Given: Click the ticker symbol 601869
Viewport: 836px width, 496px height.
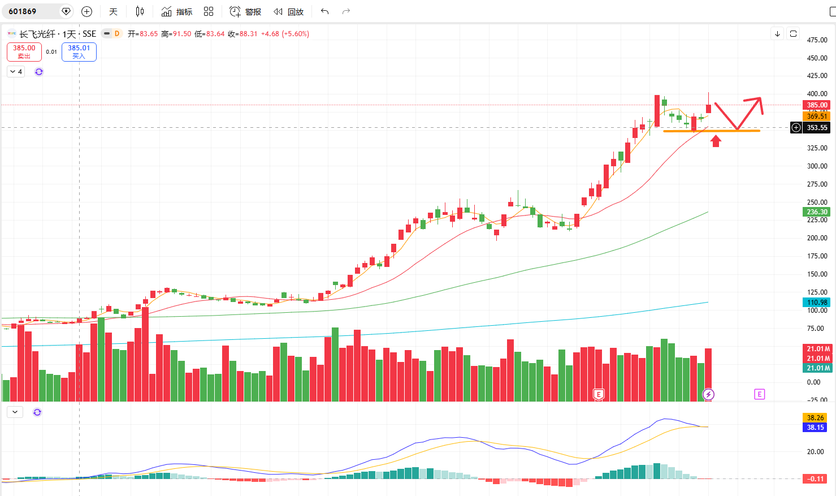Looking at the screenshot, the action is pos(23,11).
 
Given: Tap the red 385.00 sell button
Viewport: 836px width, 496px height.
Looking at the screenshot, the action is pos(24,51).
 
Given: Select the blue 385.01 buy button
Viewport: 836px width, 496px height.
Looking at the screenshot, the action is pos(79,51).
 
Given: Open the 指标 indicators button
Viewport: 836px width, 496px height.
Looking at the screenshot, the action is pos(177,11).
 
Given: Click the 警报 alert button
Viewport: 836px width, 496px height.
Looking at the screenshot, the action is pos(245,11).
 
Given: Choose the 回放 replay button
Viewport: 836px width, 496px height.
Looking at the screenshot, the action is pos(288,11).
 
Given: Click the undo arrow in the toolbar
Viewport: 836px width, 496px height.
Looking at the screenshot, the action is pos(324,11).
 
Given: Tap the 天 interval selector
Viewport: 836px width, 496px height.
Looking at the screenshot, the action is pos(113,11).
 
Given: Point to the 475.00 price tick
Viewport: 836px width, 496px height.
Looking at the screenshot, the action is pos(817,40).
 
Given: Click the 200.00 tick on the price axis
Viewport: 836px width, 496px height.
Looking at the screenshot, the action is pos(817,238).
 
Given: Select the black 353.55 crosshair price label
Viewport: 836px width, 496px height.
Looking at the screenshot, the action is pos(817,128).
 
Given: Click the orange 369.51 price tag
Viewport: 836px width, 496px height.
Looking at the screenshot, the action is pos(817,116).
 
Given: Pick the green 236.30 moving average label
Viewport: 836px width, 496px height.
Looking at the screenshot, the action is pos(817,212).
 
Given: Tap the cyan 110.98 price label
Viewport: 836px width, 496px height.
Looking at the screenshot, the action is pos(817,302).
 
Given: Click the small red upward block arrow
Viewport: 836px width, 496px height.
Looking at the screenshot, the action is pos(716,141).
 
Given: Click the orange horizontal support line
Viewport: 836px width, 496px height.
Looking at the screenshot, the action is pos(711,131).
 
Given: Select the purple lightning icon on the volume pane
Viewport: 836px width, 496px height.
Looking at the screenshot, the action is pos(708,394).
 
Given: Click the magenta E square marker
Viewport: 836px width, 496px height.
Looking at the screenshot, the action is pos(760,394).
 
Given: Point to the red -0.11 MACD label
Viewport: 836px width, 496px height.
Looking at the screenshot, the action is pos(816,479).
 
